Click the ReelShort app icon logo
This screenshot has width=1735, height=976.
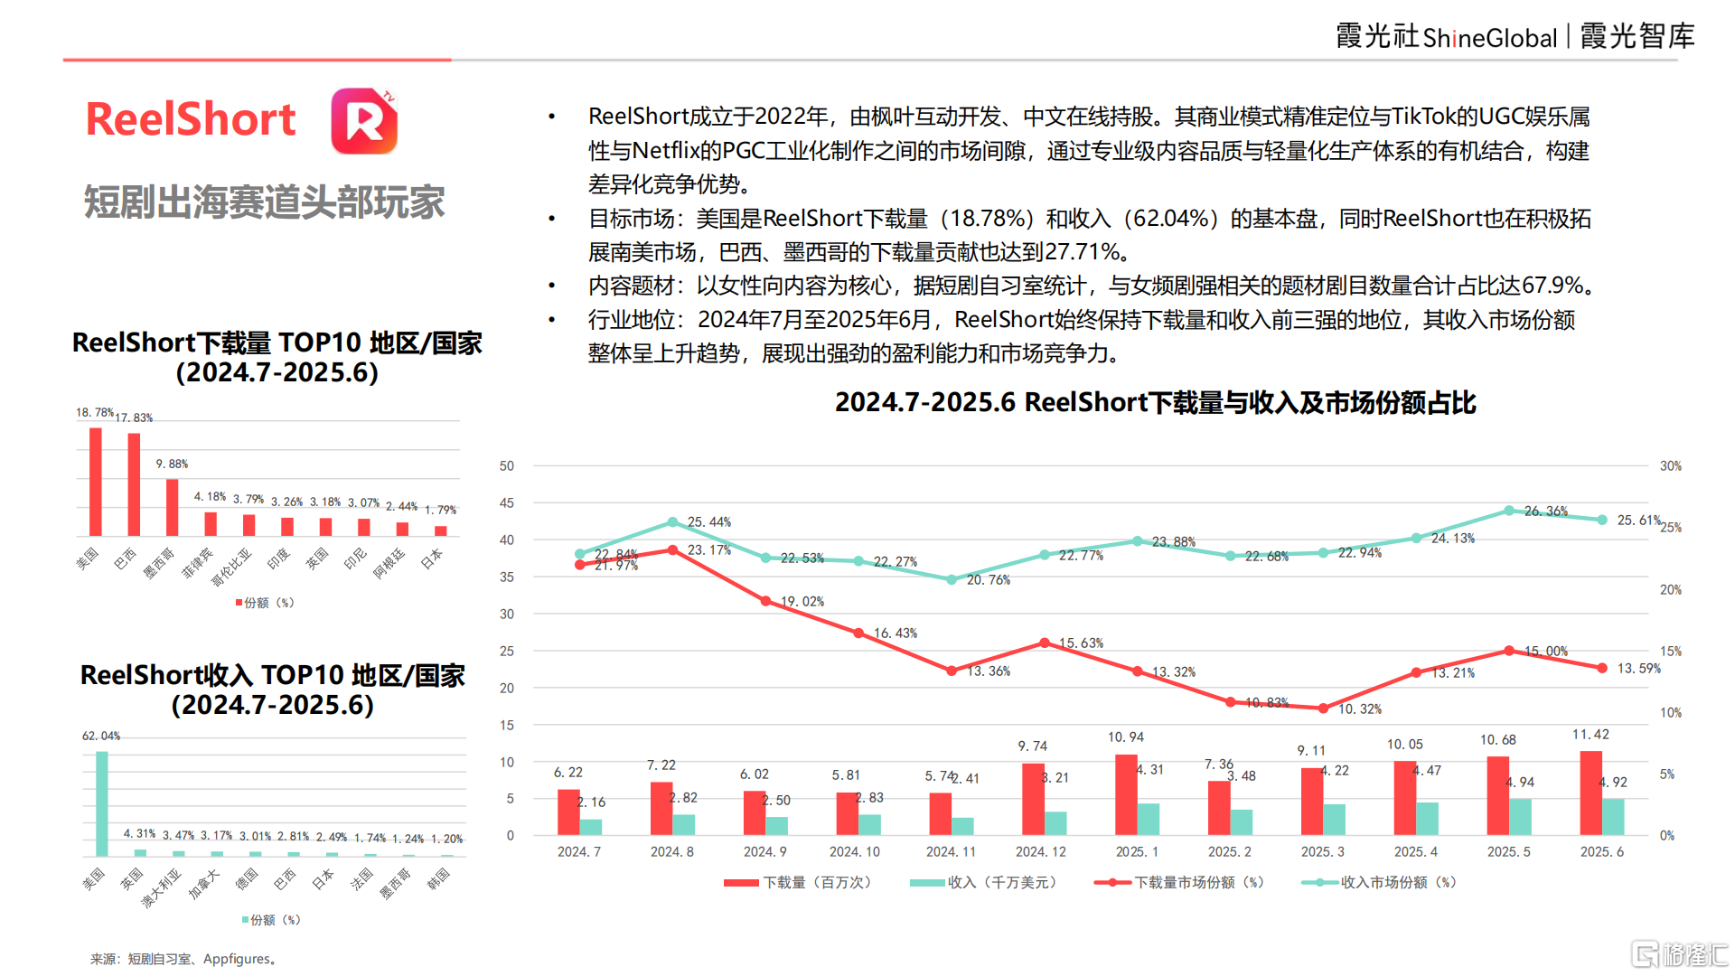pyautogui.click(x=364, y=121)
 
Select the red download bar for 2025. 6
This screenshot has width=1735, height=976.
pyautogui.click(x=1590, y=793)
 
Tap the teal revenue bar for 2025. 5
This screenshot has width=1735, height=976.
pyautogui.click(x=1520, y=816)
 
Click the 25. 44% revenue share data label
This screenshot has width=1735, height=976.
pyautogui.click(x=709, y=522)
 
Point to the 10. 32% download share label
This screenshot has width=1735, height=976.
pyautogui.click(x=1360, y=709)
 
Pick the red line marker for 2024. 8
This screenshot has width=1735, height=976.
pyautogui.click(x=672, y=550)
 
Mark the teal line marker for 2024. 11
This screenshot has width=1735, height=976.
pyautogui.click(x=952, y=579)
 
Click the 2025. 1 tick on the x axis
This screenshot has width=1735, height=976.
pyautogui.click(x=1137, y=852)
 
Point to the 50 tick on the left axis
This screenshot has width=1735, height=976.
pyautogui.click(x=507, y=466)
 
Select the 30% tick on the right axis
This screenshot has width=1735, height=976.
pyautogui.click(x=1671, y=466)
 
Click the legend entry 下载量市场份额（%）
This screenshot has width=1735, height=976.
pyautogui.click(x=1180, y=883)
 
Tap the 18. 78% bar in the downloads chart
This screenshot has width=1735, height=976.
pyautogui.click(x=95, y=482)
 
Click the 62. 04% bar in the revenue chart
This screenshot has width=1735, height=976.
pyautogui.click(x=101, y=803)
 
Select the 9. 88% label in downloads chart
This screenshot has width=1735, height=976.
pyautogui.click(x=172, y=465)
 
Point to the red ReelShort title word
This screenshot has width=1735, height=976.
pyautogui.click(x=191, y=120)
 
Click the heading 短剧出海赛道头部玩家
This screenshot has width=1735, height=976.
pyautogui.click(x=264, y=202)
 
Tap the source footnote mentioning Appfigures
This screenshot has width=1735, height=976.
pyautogui.click(x=183, y=959)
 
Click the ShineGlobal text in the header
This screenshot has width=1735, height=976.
pyautogui.click(x=1489, y=38)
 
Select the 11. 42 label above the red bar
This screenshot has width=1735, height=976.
pyautogui.click(x=1590, y=735)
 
